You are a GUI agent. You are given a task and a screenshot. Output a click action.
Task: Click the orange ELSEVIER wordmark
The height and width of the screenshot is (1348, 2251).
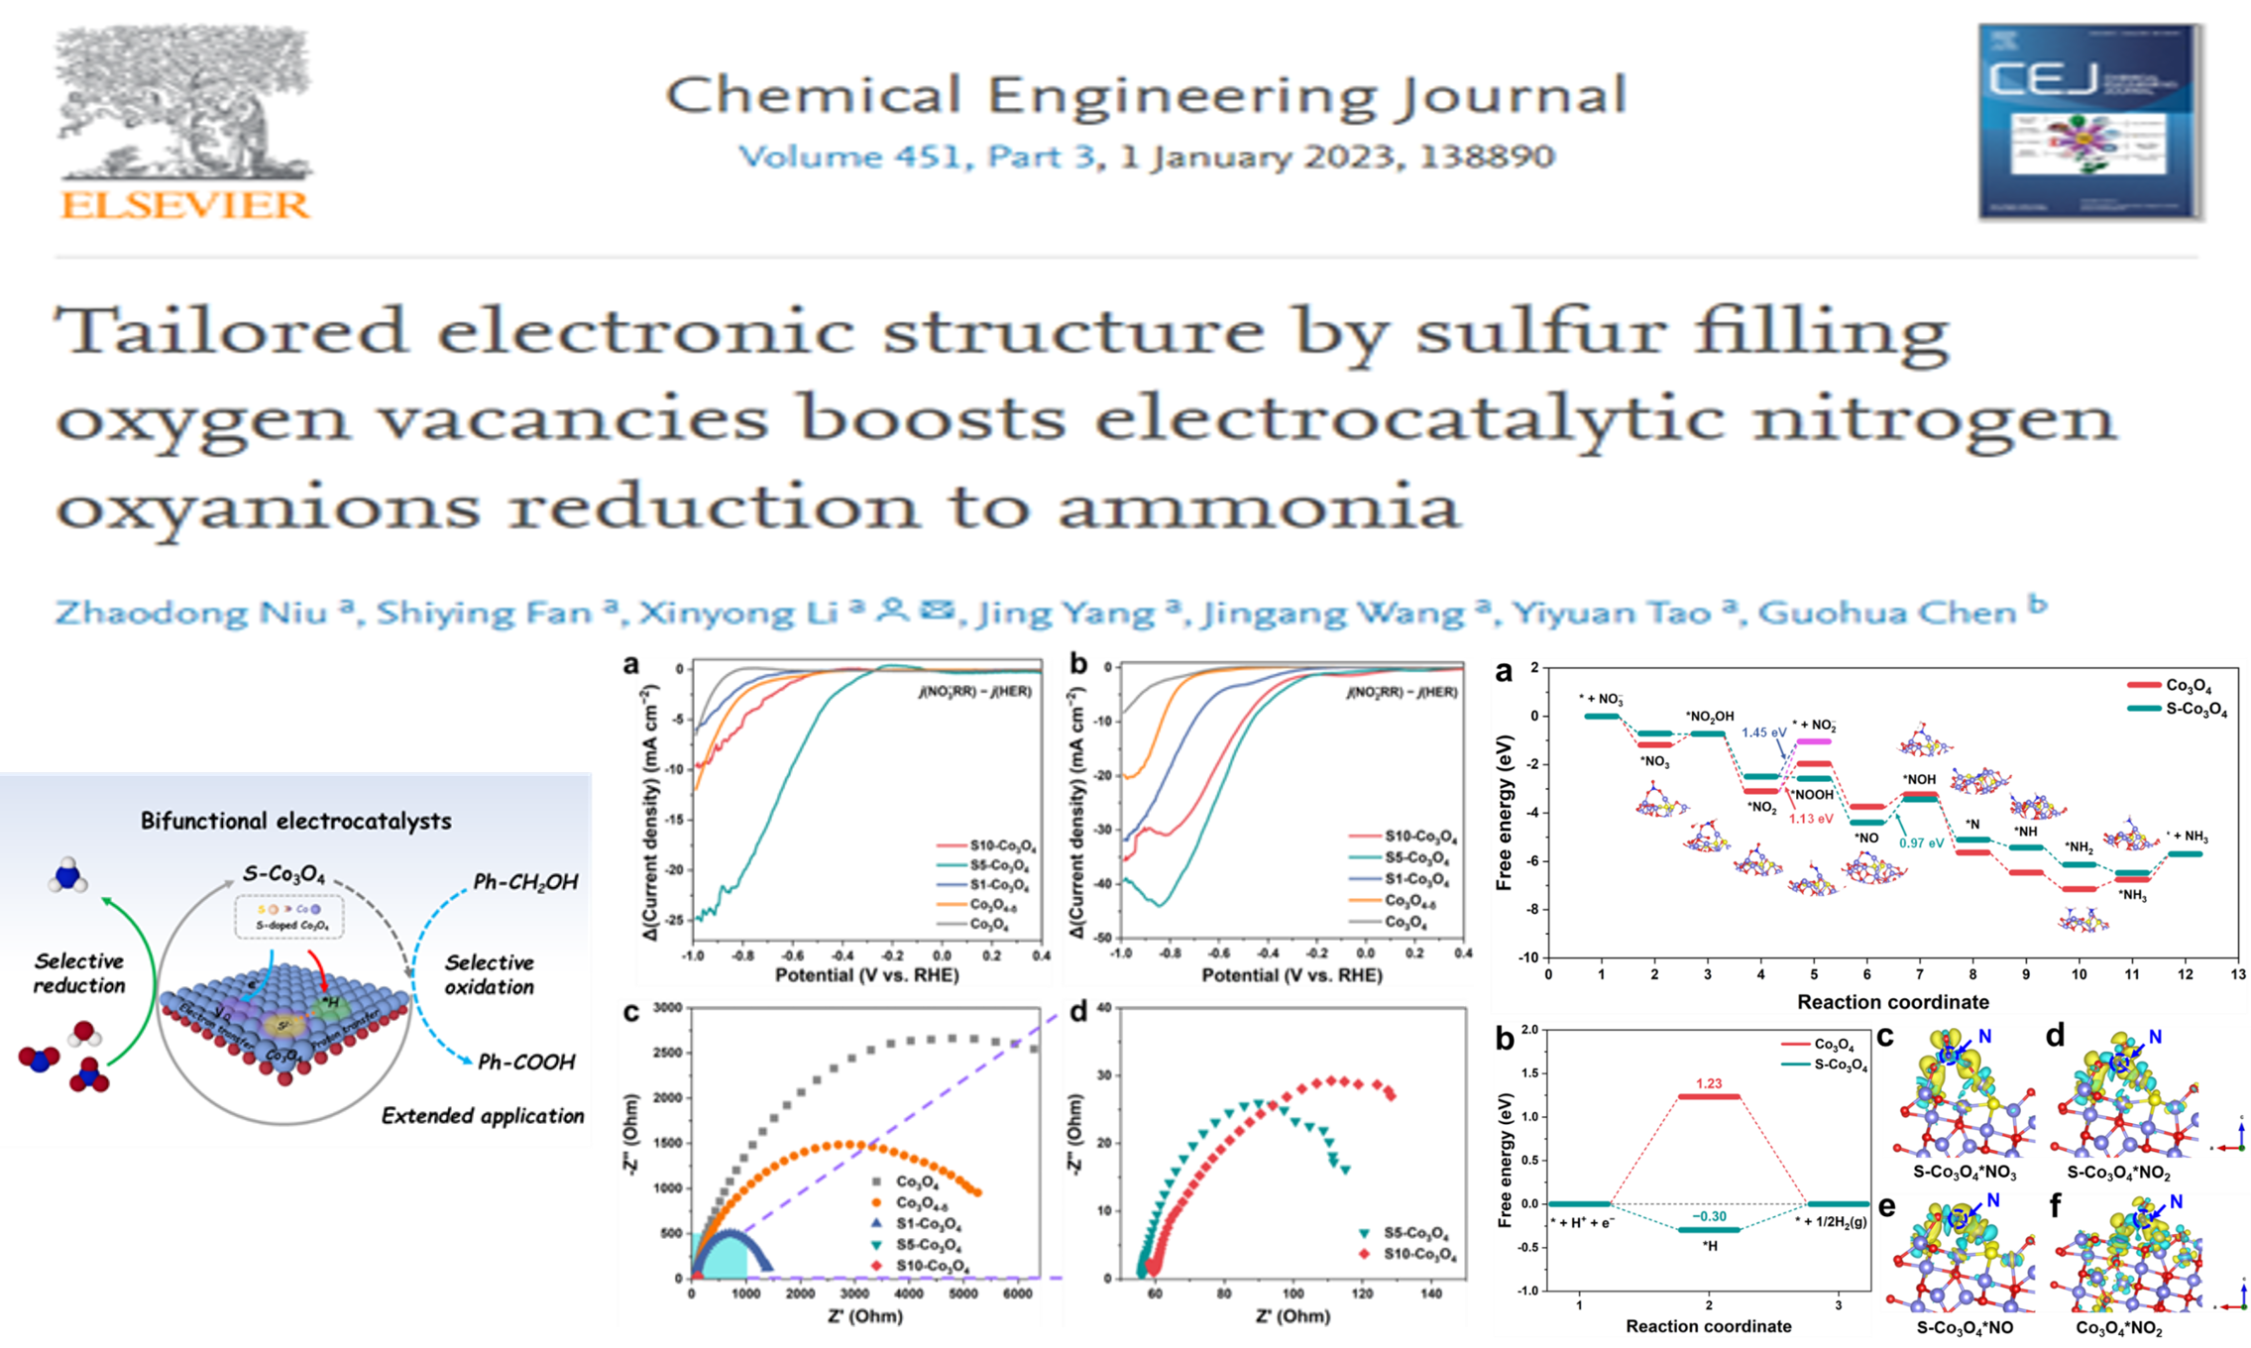coord(185,205)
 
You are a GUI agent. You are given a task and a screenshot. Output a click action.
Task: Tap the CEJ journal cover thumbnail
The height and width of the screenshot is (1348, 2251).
coord(2090,121)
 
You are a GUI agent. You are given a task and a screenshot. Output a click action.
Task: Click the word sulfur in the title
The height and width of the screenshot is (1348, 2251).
coord(1539,330)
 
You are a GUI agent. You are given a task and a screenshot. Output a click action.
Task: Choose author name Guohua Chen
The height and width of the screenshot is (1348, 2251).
coord(1888,613)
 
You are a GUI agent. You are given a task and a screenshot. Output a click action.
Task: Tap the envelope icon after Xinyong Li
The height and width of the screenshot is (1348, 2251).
coord(937,609)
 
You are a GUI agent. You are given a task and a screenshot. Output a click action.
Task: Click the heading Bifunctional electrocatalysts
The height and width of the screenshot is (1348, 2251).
coord(295,821)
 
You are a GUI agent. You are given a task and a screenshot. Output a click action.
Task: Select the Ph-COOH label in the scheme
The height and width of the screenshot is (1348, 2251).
coord(526,1063)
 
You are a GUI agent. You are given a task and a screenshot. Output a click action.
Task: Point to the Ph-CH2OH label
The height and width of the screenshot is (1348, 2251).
coord(525,882)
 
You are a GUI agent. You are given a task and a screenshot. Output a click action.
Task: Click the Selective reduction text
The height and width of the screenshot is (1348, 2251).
coord(79,972)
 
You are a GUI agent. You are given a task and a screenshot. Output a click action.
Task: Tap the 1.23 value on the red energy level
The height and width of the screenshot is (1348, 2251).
coord(1709,1083)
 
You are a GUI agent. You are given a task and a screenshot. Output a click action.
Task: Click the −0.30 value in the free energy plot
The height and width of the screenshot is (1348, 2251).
coord(1709,1216)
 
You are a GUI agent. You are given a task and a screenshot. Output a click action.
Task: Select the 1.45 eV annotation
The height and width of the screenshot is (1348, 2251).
coord(1763,732)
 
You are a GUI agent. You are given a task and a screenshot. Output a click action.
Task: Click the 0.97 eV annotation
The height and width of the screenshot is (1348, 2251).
coord(1921,843)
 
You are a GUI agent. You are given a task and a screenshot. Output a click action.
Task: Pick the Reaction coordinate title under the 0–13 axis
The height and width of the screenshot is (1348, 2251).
coord(1892,1002)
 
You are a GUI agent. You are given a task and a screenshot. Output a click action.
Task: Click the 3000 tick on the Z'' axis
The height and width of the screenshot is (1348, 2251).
coord(668,1008)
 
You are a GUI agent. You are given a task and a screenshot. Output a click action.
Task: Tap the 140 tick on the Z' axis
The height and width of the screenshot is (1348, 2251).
coord(1431,1293)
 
